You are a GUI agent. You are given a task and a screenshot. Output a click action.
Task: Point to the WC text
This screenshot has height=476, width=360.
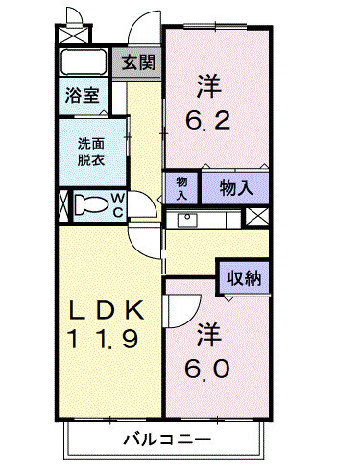click(x=116, y=204)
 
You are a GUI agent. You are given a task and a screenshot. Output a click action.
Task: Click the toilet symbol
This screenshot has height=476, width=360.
click(x=91, y=204)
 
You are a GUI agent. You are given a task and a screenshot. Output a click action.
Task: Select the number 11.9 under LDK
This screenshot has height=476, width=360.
click(x=106, y=338)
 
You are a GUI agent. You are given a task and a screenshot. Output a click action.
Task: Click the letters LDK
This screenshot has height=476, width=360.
click(x=106, y=309)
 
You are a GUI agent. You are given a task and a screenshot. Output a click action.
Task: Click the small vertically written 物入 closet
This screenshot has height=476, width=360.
click(x=181, y=187)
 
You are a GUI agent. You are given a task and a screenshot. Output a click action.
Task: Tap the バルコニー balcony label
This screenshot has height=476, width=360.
click(x=166, y=440)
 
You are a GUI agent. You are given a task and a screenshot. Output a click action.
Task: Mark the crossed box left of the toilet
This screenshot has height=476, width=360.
click(x=63, y=205)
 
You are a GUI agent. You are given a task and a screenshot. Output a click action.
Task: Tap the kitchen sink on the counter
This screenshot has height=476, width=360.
click(x=184, y=220)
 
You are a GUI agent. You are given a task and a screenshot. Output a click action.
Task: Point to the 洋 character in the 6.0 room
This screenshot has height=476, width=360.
click(x=210, y=336)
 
